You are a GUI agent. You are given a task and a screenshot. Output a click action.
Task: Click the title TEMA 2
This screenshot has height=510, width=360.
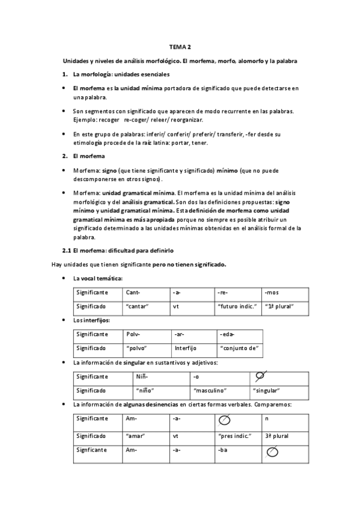click(x=180, y=47)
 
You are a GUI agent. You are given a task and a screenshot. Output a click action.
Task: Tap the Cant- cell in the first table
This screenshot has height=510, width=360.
click(x=133, y=292)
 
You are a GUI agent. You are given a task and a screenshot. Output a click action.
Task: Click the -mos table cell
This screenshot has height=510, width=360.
click(x=272, y=292)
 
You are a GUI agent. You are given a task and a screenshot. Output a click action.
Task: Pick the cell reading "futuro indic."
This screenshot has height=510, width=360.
click(x=235, y=306)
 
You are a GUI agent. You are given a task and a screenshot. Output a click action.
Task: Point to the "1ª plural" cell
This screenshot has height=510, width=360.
click(x=279, y=306)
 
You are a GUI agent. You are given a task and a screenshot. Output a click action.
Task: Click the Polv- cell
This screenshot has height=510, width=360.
click(x=133, y=334)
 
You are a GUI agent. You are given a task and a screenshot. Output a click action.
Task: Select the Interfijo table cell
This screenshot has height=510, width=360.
click(x=186, y=348)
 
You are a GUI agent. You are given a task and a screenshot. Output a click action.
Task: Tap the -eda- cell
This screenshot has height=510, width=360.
click(x=228, y=334)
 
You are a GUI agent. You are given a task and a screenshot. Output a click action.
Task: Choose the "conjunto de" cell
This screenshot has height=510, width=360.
click(x=239, y=348)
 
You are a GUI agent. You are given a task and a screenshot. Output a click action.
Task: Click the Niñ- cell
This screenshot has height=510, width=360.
click(x=142, y=376)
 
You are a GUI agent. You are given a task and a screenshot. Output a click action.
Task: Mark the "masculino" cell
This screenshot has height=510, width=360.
click(x=210, y=390)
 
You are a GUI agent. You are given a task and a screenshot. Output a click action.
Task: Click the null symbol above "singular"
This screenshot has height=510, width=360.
click(x=260, y=376)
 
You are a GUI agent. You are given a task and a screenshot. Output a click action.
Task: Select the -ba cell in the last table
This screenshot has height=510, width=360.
click(x=224, y=450)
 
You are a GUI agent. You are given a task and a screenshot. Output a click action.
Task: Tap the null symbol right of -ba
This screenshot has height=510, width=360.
click(x=272, y=450)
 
